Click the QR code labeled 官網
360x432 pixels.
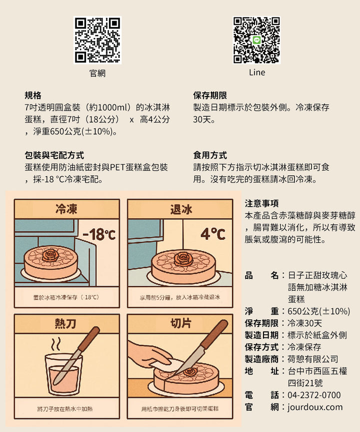pos(97,40)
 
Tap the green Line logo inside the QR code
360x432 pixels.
pos(257,40)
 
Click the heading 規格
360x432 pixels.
pos(33,95)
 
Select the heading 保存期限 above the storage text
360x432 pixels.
pos(210,95)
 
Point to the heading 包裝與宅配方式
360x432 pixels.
pos(54,155)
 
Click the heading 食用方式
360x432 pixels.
pos(210,155)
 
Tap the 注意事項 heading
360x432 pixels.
pos(261,203)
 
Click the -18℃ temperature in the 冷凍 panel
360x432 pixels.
pos(99,234)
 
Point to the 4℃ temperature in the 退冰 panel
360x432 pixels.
pos(213,234)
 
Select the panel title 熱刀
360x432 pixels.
pos(65,323)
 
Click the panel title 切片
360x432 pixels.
pos(180,323)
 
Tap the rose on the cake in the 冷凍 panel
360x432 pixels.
pos(50,255)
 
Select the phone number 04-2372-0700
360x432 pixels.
pos(314,395)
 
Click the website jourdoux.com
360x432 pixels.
pos(315,407)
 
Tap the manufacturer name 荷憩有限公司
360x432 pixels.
pos(313,359)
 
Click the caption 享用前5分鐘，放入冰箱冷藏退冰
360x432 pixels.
pos(179,297)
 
